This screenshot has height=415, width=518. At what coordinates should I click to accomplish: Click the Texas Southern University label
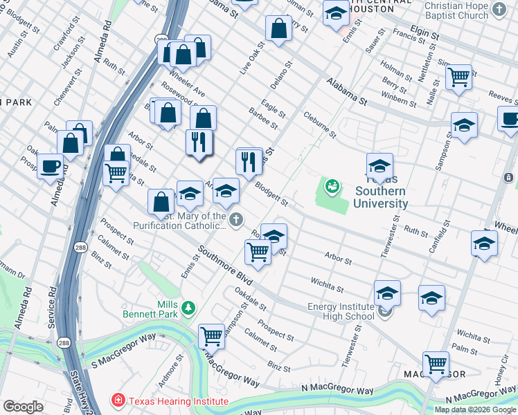(x=380, y=197)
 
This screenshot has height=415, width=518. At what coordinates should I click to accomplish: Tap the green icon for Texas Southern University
(x=333, y=186)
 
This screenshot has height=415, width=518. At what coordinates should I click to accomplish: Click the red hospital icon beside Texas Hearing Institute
(x=118, y=401)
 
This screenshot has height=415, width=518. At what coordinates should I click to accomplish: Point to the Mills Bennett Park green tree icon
(x=188, y=306)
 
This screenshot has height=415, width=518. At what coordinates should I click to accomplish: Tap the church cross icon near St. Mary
(x=237, y=221)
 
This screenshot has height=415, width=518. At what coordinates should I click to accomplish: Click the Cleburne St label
(x=319, y=124)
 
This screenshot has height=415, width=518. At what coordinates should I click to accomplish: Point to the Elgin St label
(x=425, y=33)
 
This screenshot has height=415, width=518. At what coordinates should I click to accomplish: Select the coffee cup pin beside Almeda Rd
(x=50, y=166)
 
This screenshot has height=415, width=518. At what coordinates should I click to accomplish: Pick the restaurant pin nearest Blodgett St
(x=249, y=162)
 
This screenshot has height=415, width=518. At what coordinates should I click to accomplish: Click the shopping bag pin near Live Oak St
(x=278, y=29)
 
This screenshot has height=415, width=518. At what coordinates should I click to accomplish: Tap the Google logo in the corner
(x=23, y=407)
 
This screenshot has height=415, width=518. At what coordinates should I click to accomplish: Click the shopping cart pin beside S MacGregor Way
(x=211, y=336)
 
